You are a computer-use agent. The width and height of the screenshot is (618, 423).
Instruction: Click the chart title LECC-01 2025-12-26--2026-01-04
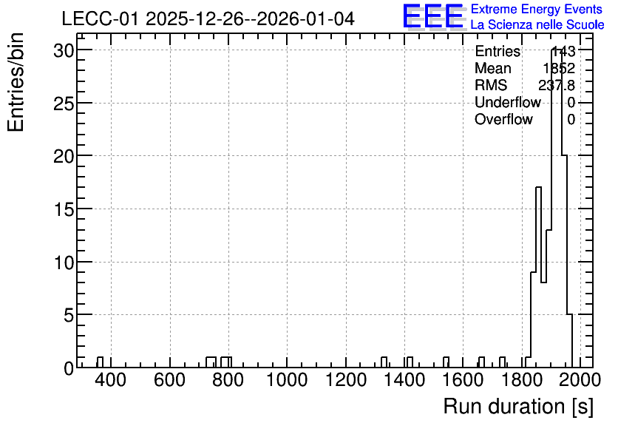click(208, 18)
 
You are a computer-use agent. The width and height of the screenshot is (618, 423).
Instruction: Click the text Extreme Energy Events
click(537, 9)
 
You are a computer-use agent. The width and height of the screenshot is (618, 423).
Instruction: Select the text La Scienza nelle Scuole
click(537, 24)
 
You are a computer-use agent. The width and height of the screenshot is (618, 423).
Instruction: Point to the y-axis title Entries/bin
click(16, 82)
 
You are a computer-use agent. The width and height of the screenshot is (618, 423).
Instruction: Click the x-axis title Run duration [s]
click(518, 406)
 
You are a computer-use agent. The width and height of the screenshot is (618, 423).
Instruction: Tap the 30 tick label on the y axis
click(64, 50)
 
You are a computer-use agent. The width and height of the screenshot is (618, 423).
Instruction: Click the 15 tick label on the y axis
click(64, 209)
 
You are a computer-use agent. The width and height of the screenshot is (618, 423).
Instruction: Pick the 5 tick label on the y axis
click(69, 315)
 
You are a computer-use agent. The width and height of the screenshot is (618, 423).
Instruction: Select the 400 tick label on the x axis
click(111, 380)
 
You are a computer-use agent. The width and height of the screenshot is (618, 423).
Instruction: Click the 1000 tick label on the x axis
click(287, 380)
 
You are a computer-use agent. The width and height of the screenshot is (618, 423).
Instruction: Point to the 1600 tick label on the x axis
click(463, 380)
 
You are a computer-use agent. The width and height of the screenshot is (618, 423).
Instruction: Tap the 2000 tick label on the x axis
click(580, 380)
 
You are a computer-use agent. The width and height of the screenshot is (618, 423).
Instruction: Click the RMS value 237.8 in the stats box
click(557, 85)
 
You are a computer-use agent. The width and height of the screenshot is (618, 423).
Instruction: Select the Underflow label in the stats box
click(508, 102)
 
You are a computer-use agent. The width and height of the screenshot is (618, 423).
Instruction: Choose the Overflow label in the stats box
click(503, 119)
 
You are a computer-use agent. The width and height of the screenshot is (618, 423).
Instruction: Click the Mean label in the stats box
click(493, 68)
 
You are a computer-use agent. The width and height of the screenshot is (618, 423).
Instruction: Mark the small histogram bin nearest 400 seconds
click(100, 362)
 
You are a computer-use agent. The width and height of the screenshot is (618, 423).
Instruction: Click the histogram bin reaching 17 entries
click(538, 277)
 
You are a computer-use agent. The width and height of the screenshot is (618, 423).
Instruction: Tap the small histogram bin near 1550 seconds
click(446, 362)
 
